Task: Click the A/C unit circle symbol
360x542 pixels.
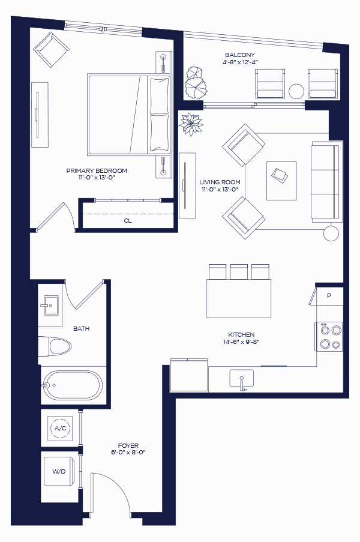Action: [60, 429]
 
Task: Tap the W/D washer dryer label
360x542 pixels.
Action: [59, 471]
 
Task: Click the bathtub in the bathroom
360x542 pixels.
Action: [72, 385]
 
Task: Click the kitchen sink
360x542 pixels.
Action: [241, 379]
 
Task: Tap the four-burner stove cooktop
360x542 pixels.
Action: [329, 337]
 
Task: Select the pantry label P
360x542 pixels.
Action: [329, 295]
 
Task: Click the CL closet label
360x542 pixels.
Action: [128, 220]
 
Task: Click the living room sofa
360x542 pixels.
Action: [325, 181]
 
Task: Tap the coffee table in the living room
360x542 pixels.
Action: [281, 181]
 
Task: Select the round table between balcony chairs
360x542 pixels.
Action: [296, 91]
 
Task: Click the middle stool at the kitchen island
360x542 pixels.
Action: [239, 272]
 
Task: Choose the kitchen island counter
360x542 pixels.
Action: [239, 298]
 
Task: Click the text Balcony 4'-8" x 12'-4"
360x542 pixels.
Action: [240, 58]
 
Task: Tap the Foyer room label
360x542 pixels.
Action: [128, 445]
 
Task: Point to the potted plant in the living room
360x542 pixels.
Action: [191, 124]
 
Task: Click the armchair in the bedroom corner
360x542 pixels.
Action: [52, 50]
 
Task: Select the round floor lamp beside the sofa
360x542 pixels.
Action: [331, 233]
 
